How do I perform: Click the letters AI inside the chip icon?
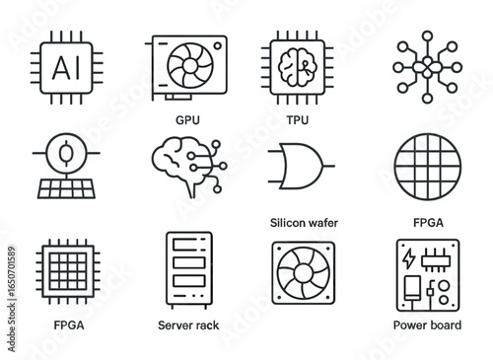pyautogui.click(x=63, y=66)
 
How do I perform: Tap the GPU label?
pyautogui.click(x=187, y=118)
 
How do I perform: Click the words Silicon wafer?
pyautogui.click(x=303, y=223)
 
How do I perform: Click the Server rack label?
pyautogui.click(x=188, y=324)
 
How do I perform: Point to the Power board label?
pyautogui.click(x=426, y=324)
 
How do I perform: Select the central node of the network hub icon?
pyautogui.click(x=426, y=66)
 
